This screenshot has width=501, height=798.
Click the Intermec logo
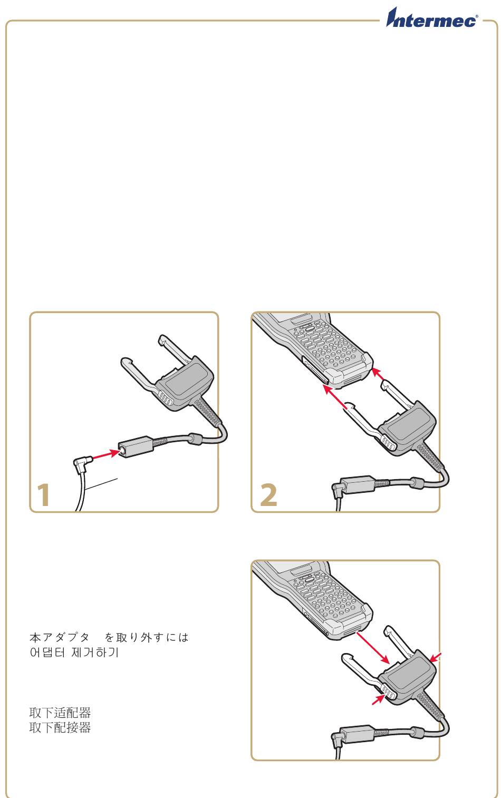pos(432,18)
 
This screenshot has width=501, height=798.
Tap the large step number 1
pos(43,494)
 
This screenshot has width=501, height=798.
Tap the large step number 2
pos(268,494)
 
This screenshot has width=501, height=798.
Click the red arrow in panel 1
pos(105,455)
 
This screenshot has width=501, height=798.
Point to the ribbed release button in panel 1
pos(166,398)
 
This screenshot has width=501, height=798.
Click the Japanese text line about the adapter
pos(109,637)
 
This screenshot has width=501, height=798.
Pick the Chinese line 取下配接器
pos(60,727)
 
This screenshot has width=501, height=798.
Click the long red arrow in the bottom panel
pos(373,648)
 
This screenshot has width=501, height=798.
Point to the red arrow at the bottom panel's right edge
pos(436,658)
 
